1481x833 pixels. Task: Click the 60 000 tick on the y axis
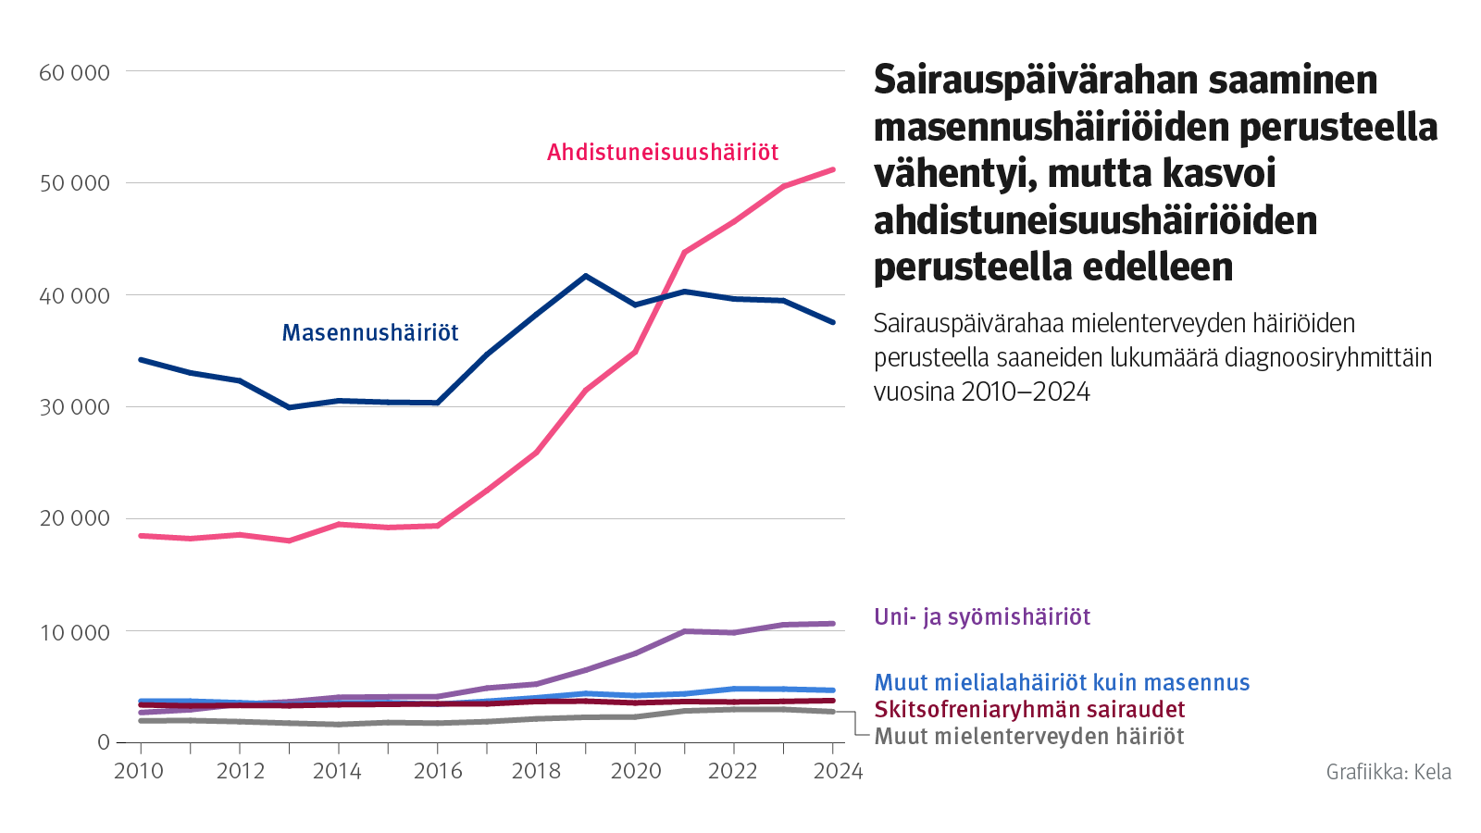pos(74,72)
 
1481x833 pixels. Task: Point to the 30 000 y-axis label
pos(74,407)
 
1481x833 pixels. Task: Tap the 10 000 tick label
pos(74,632)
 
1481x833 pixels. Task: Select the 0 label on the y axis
pos(103,742)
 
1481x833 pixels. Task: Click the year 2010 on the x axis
pos(139,771)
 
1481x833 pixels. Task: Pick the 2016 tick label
pos(438,771)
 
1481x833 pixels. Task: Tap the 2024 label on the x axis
pos(838,771)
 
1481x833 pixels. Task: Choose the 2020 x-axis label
pos(636,771)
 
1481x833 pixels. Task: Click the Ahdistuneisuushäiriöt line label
pos(663,152)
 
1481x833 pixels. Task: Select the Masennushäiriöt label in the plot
pos(370,332)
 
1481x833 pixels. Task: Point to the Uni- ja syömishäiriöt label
pos(982,616)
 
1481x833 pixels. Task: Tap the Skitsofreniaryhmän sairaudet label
pos(1029,709)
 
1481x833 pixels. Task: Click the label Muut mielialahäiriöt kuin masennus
pos(1062,682)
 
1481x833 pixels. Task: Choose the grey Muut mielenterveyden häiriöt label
pos(1029,736)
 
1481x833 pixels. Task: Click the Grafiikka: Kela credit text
pos(1388,772)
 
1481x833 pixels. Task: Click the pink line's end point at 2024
pos(833,169)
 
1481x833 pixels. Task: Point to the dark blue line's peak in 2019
pos(586,276)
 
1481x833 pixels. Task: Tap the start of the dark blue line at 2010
pos(141,359)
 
